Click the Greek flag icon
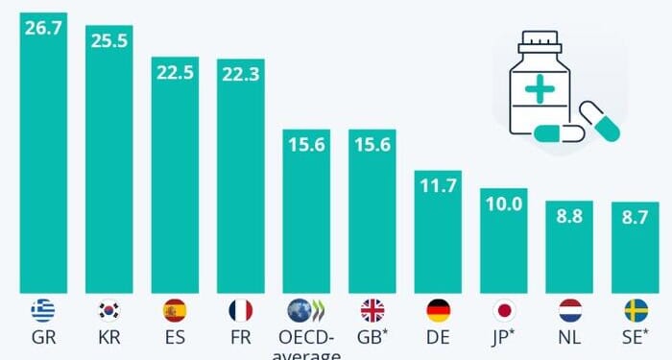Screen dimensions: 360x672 (43, 310)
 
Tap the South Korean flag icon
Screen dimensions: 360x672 (108, 310)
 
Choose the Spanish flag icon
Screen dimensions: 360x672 (175, 310)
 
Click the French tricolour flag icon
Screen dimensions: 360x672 (240, 310)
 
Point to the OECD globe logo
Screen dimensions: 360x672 (305, 311)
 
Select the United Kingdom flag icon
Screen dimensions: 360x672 (372, 310)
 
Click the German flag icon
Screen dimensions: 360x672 (437, 310)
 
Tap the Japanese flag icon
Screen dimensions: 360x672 (503, 310)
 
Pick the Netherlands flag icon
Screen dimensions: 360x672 (568, 310)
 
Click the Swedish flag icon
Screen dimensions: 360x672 (634, 310)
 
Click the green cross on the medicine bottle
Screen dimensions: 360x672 (540, 89)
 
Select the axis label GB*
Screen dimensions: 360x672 (372, 339)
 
